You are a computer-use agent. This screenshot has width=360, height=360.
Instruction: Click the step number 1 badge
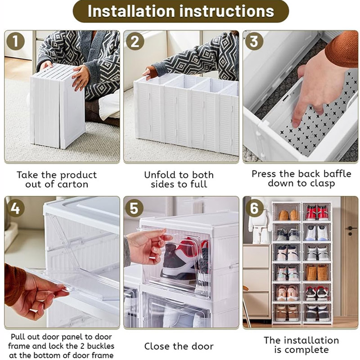pyautogui.click(x=15, y=41)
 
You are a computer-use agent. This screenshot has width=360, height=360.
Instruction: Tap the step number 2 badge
pyautogui.click(x=135, y=41)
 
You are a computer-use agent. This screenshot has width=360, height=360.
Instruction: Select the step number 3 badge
pyautogui.click(x=254, y=41)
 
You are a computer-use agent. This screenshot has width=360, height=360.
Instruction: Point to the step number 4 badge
pyautogui.click(x=15, y=208)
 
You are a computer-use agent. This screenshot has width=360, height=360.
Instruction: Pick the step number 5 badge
pyautogui.click(x=134, y=208)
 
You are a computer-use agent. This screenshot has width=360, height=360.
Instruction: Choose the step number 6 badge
pyautogui.click(x=254, y=208)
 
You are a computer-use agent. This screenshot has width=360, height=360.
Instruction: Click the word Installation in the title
pyautogui.click(x=131, y=11)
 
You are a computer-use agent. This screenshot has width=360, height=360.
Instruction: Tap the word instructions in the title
pyautogui.click(x=227, y=11)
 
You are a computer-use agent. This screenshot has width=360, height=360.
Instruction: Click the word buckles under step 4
pyautogui.click(x=100, y=346)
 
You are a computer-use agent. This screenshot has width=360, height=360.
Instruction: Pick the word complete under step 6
pyautogui.click(x=308, y=350)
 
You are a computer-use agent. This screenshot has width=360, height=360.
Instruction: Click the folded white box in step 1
pyautogui.click(x=58, y=106)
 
